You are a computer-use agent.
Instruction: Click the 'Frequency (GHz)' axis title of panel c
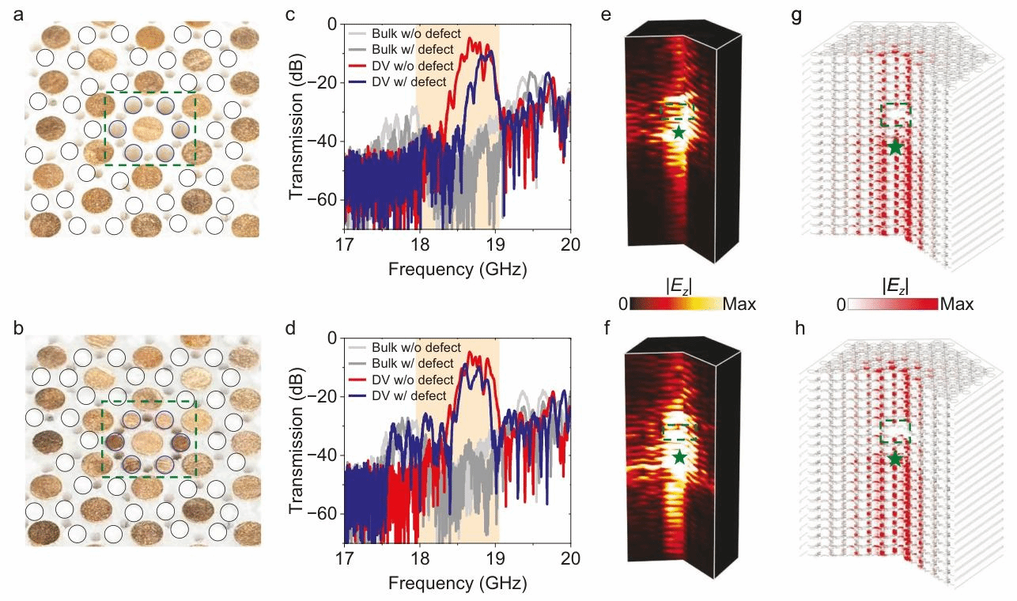[x=457, y=269]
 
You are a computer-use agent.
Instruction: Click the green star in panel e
[x=679, y=132]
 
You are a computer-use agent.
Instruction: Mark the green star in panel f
[x=680, y=456]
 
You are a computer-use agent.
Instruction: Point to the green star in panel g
[x=894, y=146]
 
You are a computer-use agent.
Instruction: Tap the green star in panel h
[x=894, y=459]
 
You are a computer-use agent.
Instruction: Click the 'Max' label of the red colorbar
[x=958, y=304]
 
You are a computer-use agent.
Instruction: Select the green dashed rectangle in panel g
[x=896, y=115]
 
